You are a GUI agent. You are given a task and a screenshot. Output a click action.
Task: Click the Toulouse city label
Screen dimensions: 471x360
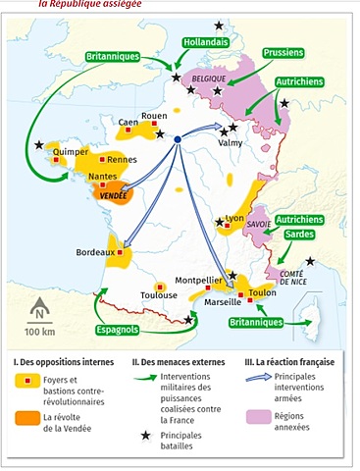pos(158,294)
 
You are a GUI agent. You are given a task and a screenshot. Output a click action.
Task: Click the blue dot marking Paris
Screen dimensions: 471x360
pos(178,140)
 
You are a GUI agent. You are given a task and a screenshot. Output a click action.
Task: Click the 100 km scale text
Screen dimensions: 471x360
pos(40,332)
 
